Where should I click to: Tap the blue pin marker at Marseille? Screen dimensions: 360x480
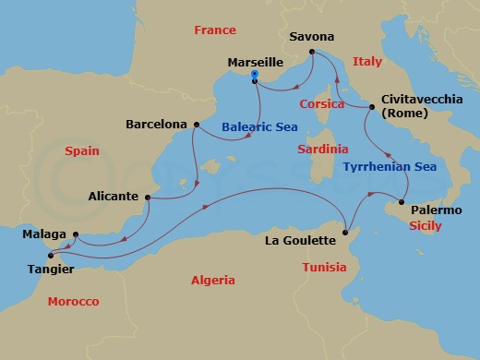pos(254,76)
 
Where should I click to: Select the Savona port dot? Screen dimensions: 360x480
pos(313,52)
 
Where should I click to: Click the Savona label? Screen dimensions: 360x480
pos(311,38)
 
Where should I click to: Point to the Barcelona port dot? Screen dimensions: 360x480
pos(197,124)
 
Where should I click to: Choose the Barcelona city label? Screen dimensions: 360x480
pos(158,124)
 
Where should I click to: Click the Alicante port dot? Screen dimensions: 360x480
pos(149,197)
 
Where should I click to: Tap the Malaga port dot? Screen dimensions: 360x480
pos(76,234)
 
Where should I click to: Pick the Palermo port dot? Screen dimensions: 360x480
pos(402,202)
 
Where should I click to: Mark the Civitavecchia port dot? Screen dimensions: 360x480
pos(371,108)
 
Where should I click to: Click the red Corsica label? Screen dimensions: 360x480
pos(322,104)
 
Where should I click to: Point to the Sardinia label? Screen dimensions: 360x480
pos(322,148)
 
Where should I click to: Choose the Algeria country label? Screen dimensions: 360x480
pos(213,280)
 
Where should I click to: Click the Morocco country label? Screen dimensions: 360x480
pos(73,302)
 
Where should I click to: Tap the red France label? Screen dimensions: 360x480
pos(215,30)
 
